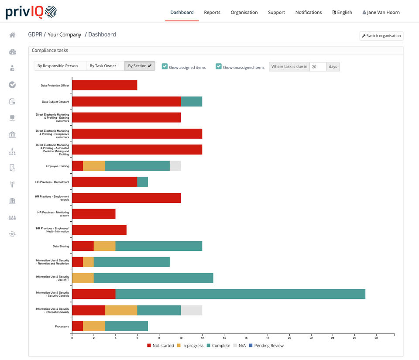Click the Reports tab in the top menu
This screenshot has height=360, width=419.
[212, 12]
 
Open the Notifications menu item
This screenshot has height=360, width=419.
[308, 12]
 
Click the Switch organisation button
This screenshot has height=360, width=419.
[381, 36]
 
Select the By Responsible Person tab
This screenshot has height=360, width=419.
[58, 66]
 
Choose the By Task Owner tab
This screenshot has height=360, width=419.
[103, 66]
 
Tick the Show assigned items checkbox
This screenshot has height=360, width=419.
[165, 66]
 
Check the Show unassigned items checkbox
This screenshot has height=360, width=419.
[219, 66]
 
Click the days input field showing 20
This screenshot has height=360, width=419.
[318, 67]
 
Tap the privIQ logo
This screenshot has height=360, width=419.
[31, 12]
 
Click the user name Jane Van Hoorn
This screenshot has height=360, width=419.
[381, 12]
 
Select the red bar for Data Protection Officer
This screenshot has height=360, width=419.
[104, 86]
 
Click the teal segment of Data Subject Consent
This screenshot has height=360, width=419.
[191, 102]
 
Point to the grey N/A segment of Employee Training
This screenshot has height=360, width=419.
[175, 166]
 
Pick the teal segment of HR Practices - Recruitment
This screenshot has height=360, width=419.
[142, 182]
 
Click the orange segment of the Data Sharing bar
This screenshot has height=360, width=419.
[104, 246]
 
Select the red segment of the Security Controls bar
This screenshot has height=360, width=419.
[93, 294]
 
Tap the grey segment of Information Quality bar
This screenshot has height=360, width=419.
[191, 310]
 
